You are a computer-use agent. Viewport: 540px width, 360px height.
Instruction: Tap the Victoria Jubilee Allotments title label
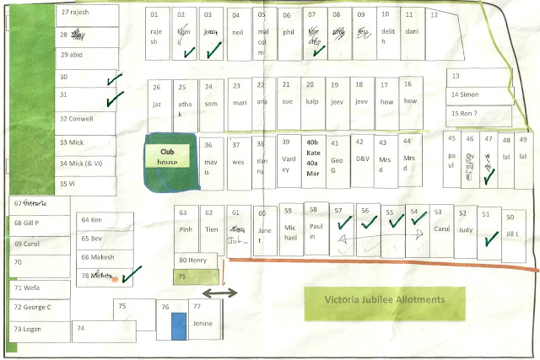click(x=384, y=299)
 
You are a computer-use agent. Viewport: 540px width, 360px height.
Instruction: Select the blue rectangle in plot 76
click(x=178, y=327)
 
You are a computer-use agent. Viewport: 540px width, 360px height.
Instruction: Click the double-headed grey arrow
click(x=218, y=293)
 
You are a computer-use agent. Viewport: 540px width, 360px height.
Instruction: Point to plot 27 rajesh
click(x=86, y=13)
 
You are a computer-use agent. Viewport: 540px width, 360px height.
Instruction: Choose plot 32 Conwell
click(x=86, y=119)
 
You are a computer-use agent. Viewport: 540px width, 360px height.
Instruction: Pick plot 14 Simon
click(x=479, y=95)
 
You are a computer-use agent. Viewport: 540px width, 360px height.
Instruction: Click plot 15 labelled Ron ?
click(x=479, y=114)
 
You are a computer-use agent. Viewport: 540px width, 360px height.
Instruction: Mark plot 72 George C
click(x=38, y=308)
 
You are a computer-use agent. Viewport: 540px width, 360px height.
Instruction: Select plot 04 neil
click(x=237, y=34)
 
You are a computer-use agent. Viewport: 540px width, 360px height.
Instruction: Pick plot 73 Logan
click(x=38, y=330)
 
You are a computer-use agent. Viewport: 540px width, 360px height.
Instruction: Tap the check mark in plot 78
click(x=129, y=275)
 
